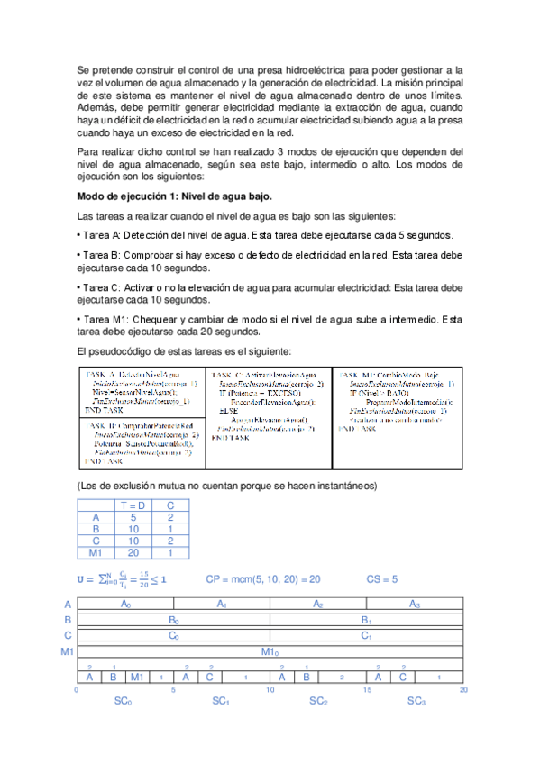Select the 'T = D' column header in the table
133,505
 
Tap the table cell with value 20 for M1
133,552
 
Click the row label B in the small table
96,529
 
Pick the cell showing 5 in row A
133,517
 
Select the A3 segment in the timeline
415,604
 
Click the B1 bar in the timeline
367,620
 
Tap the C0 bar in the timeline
173,635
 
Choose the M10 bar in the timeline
270,650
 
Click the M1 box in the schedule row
136,676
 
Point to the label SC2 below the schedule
318,700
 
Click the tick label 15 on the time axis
367,689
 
